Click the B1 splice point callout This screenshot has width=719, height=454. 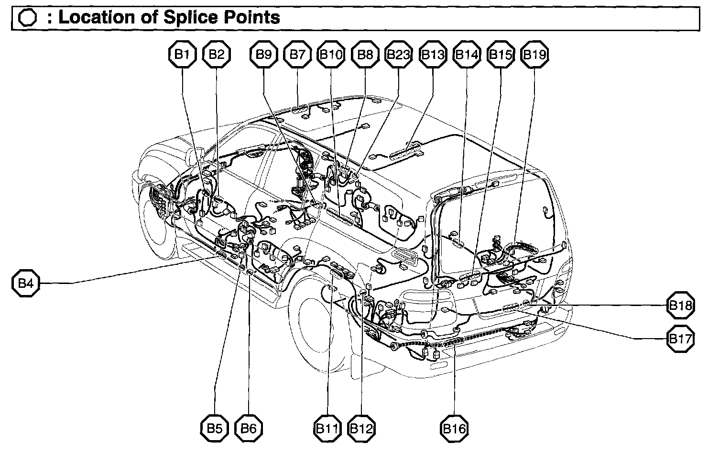click(x=182, y=55)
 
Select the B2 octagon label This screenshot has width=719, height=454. click(x=217, y=55)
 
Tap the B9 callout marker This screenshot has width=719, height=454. click(x=264, y=55)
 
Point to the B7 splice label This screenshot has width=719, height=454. click(x=297, y=55)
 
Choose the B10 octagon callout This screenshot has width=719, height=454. click(x=331, y=55)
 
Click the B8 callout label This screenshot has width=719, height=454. click(x=365, y=55)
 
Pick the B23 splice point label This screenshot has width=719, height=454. click(x=398, y=55)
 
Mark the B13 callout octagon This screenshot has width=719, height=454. click(x=433, y=55)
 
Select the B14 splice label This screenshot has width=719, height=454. click(x=466, y=55)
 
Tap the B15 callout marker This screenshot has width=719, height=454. click(x=500, y=55)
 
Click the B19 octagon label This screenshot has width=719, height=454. click(x=534, y=55)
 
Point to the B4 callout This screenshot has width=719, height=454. click(x=25, y=284)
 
